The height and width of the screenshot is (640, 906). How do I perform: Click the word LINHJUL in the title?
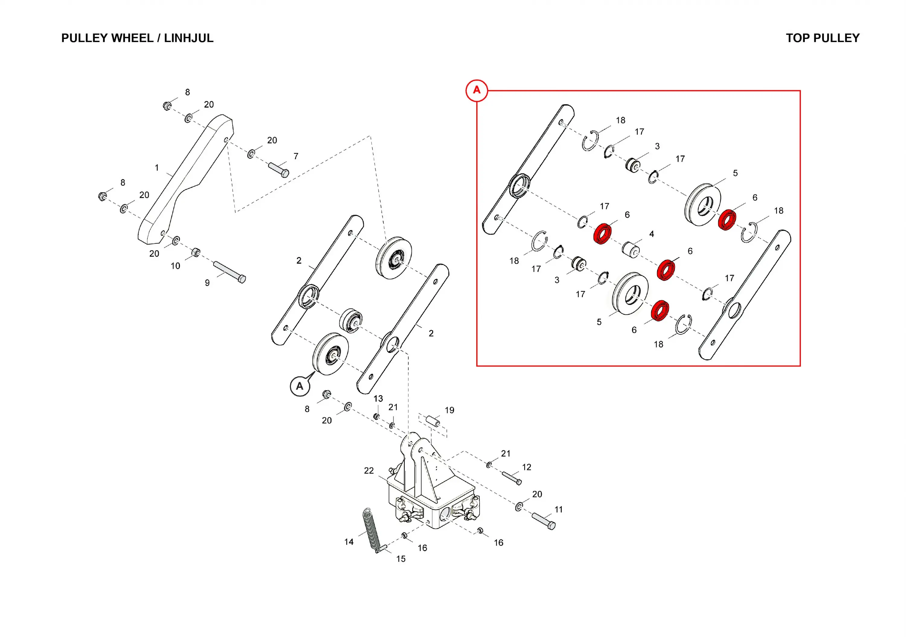coord(189,38)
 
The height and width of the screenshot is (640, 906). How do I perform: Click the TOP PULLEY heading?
coord(822,38)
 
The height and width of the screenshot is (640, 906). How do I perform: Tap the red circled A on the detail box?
coord(477,90)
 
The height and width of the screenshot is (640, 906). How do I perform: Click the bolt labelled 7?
coord(278,170)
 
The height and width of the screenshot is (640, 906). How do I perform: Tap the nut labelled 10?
coord(196,252)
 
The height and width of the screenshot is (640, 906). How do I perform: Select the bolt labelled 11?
coord(544,521)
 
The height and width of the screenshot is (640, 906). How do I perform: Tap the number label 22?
coord(368,471)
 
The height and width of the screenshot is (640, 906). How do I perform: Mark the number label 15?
coord(401,559)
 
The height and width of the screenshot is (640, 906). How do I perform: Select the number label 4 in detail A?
coord(651,234)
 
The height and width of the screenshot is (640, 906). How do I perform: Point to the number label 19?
coord(449,410)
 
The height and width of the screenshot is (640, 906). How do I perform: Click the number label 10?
coord(175,266)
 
